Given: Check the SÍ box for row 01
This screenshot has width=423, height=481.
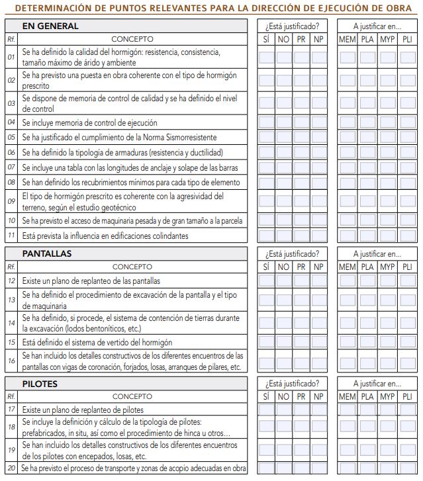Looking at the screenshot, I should tap(266, 57).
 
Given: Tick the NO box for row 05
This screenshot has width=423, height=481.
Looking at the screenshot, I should tap(283, 137).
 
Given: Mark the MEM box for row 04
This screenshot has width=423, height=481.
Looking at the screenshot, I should tap(347, 122).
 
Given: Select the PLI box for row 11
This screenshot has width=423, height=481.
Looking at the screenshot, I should tap(406, 236).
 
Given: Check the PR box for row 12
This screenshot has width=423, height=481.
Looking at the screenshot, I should tap(301, 281).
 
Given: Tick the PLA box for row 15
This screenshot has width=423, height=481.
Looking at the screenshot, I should tap(367, 343).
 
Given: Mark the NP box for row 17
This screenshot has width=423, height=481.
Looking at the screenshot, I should tap(319, 410).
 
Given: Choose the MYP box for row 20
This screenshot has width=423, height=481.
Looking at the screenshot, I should tap(387, 468).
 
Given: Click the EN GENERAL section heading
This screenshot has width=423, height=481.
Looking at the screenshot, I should tap(50, 26).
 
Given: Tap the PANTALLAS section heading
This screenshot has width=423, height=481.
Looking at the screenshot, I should tap(47, 253).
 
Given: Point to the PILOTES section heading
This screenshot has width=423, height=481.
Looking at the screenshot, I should tap(40, 384).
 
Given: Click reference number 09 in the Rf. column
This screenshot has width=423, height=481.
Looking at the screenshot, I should tap(11, 201).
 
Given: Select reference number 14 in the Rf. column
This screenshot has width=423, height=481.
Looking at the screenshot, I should tap(11, 324).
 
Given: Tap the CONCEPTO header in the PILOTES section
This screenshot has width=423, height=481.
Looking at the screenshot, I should tap(132, 396).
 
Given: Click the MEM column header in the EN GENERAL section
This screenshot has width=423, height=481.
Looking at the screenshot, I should tap(347, 39).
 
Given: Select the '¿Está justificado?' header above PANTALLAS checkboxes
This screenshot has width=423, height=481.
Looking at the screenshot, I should tap(292, 253).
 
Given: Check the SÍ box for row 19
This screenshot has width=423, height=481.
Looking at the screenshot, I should tap(266, 451).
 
